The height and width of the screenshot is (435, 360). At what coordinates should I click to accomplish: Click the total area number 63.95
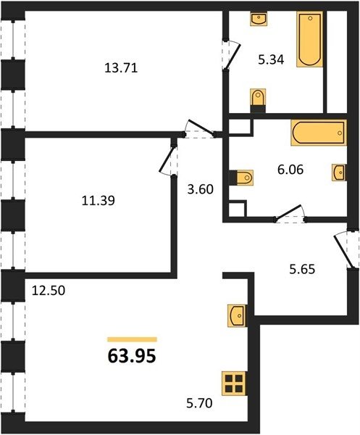click(x=132, y=356)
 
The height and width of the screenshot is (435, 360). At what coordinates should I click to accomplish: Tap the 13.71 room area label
click(x=121, y=68)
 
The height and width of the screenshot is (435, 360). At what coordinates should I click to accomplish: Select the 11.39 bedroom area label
click(x=98, y=200)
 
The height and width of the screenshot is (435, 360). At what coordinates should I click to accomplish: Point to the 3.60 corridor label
click(x=201, y=189)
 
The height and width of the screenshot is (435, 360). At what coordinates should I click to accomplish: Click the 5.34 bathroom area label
click(x=271, y=59)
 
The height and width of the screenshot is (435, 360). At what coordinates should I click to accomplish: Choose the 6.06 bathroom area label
click(x=290, y=169)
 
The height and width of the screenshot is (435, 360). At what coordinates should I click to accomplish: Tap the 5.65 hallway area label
click(x=302, y=269)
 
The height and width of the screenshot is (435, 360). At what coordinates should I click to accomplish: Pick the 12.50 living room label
click(x=49, y=291)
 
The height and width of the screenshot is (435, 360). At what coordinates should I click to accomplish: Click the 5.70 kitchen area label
click(x=199, y=403)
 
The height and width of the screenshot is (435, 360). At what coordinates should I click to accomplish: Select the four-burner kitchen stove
click(x=234, y=384)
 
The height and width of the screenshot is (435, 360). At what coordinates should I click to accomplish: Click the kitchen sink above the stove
click(x=236, y=315)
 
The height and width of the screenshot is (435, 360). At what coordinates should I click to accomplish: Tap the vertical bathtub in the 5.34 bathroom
click(x=309, y=39)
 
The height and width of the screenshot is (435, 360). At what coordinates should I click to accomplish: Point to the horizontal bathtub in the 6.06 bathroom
click(x=319, y=133)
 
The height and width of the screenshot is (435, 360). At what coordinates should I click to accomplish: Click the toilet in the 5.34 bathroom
click(x=258, y=101)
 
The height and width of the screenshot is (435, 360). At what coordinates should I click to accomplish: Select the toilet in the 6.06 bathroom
click(x=241, y=178)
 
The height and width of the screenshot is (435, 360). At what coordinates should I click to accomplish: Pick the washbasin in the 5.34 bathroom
click(x=259, y=19)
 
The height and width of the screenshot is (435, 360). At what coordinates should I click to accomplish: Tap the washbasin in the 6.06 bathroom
click(x=339, y=173)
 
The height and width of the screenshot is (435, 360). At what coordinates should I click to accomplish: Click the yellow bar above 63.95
click(x=133, y=339)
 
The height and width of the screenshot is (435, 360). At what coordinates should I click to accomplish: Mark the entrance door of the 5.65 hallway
click(x=343, y=249)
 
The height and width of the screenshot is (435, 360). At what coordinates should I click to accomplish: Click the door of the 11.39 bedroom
click(x=167, y=160)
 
